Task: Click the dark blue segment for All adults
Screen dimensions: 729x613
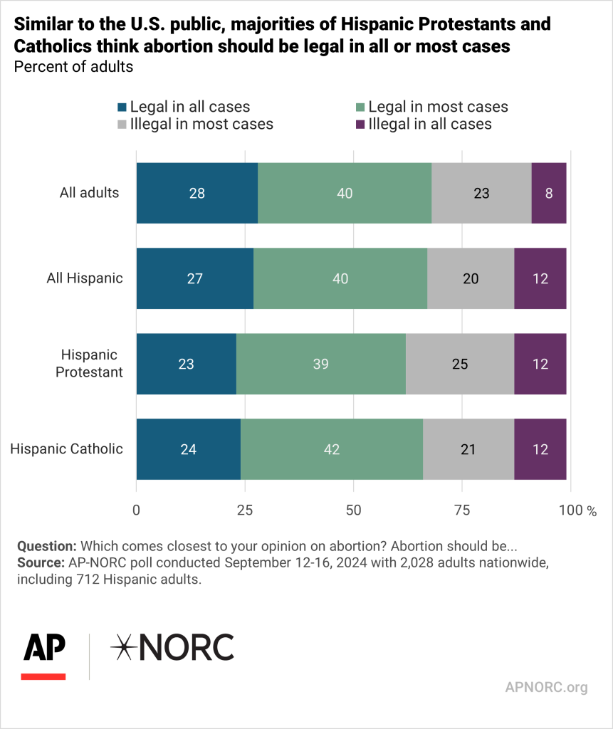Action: [197, 193]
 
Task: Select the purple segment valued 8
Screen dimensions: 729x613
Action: [549, 193]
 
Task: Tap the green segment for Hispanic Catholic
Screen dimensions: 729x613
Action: [331, 449]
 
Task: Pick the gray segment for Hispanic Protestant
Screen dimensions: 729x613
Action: [460, 364]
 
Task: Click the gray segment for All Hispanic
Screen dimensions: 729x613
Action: [471, 278]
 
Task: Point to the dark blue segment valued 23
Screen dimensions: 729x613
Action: [186, 364]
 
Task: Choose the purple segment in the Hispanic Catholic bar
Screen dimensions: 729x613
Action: [540, 449]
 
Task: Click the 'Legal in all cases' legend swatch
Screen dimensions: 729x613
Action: [122, 107]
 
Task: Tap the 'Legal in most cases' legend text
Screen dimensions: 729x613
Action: [438, 107]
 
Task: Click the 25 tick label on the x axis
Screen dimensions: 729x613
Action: [245, 510]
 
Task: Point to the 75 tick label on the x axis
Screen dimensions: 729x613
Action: [462, 510]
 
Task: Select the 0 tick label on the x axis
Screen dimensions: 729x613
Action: [137, 510]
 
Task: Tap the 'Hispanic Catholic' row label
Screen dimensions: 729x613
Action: [67, 449]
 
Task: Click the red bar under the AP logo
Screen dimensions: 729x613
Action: [43, 675]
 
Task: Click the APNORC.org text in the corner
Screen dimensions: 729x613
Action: [546, 688]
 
